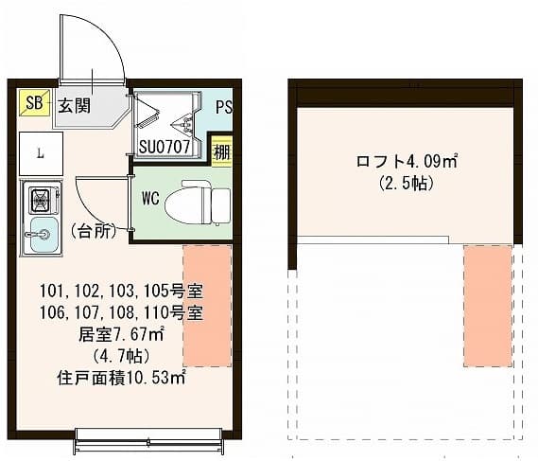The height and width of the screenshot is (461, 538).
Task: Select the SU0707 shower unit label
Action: [x=165, y=148]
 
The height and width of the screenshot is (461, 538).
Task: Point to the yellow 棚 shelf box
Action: [x=221, y=151]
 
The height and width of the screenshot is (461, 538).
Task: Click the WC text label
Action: [x=149, y=200]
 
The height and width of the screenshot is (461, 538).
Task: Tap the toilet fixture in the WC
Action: [x=198, y=202]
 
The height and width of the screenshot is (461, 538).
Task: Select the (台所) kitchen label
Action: [x=92, y=230]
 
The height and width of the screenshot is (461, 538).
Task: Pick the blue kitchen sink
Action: [x=42, y=230]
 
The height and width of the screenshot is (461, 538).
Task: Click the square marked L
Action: [x=40, y=152]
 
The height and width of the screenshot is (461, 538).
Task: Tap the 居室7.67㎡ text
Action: [x=122, y=333]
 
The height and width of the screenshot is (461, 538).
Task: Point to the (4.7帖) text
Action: [x=120, y=355]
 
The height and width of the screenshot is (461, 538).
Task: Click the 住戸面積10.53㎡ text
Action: [x=120, y=377]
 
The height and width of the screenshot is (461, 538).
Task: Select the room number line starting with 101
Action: [x=122, y=290]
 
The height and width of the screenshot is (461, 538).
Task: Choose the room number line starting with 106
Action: [x=122, y=311]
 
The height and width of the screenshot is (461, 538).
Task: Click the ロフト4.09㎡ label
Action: [x=408, y=162]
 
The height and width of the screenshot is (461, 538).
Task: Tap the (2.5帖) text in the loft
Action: [x=407, y=184]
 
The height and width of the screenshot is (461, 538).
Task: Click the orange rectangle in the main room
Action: [x=207, y=305]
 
